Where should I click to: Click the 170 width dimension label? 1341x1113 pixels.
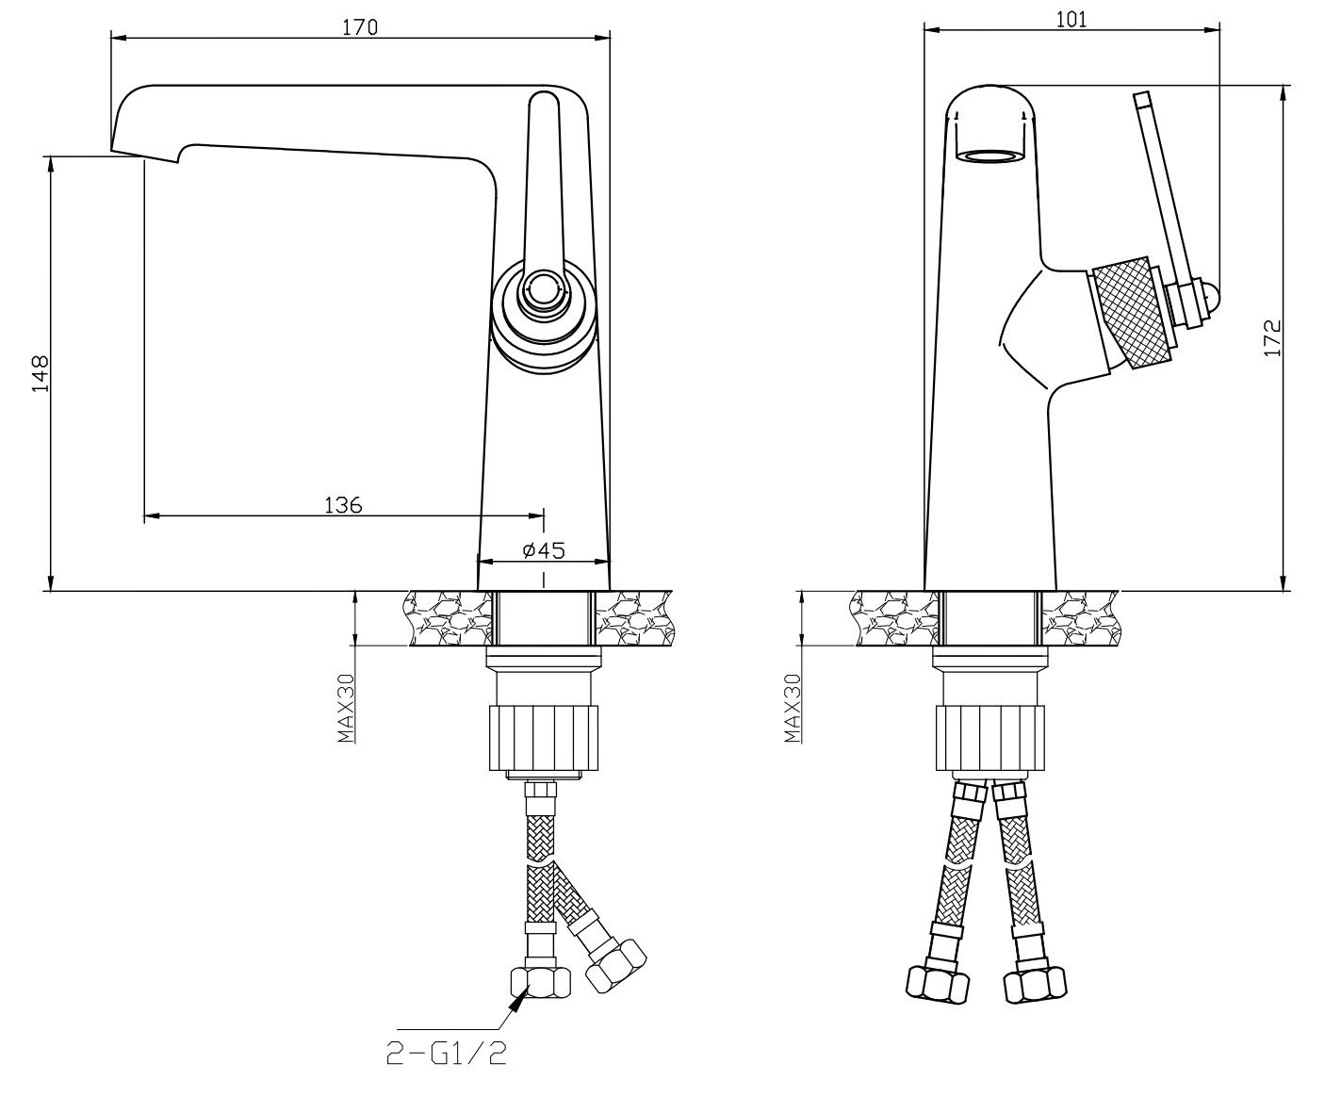[x=360, y=27]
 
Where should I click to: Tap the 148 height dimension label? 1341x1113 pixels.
[x=40, y=373]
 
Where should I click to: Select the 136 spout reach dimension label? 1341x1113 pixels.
[x=343, y=505]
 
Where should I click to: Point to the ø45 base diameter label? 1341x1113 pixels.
[x=544, y=550]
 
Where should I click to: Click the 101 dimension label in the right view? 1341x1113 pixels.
[x=1071, y=20]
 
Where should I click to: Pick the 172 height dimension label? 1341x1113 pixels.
[x=1271, y=337]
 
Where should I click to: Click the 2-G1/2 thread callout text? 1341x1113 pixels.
[x=447, y=1054]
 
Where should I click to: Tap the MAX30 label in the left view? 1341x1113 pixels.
[x=346, y=709]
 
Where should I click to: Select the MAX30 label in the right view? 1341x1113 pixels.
[x=793, y=709]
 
